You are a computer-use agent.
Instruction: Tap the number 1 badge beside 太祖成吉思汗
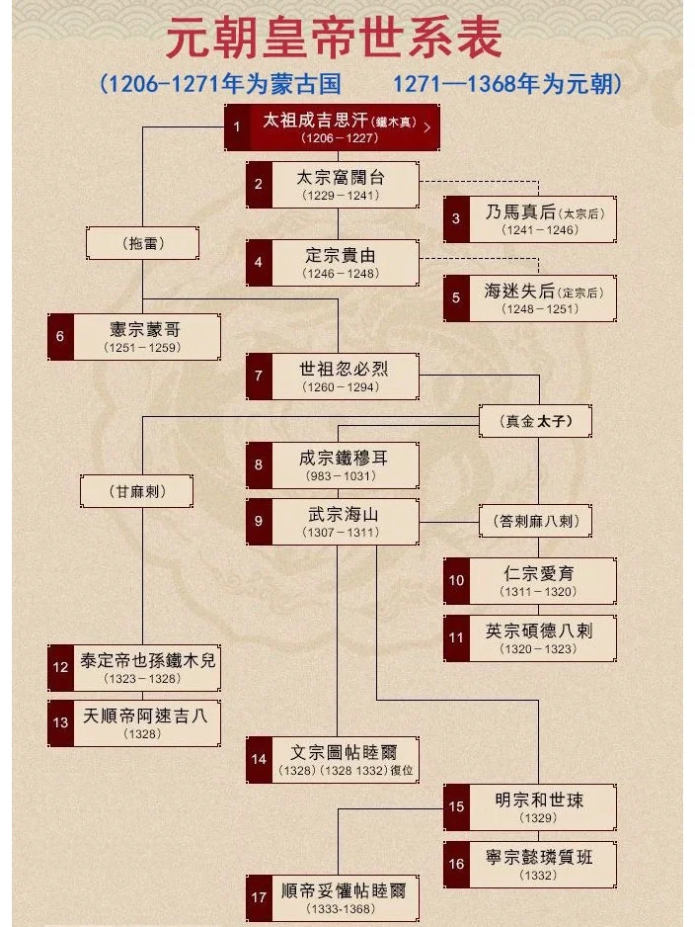237,127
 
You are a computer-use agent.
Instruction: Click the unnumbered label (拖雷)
143,242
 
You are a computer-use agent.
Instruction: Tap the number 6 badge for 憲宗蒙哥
60,337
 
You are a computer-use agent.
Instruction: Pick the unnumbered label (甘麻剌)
137,491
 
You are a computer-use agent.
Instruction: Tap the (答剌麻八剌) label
537,521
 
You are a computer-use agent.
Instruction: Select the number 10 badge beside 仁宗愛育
456,580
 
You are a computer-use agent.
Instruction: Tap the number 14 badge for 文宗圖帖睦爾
259,759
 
